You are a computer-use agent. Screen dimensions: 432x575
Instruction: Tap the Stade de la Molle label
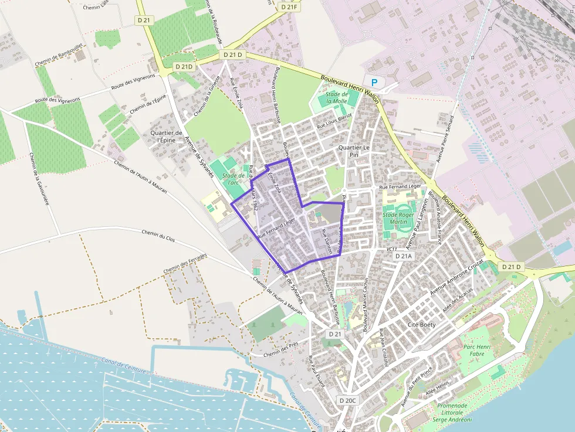coord(337,97)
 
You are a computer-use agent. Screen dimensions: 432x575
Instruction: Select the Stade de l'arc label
coord(234,178)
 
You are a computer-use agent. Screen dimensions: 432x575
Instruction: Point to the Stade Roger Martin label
coord(398,219)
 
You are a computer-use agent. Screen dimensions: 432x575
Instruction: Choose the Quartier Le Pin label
coord(354,151)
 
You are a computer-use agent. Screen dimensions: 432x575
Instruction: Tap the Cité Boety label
coord(421,324)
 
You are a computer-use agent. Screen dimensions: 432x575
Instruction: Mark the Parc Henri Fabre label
coord(476,351)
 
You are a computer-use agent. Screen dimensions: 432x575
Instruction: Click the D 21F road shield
coord(289,7)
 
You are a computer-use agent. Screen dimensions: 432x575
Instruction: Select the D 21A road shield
coord(404,256)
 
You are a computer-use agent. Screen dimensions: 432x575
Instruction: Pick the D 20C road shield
coord(347,400)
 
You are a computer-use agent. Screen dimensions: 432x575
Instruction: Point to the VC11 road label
coord(392,249)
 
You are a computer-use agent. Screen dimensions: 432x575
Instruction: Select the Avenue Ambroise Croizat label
coord(457,277)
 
